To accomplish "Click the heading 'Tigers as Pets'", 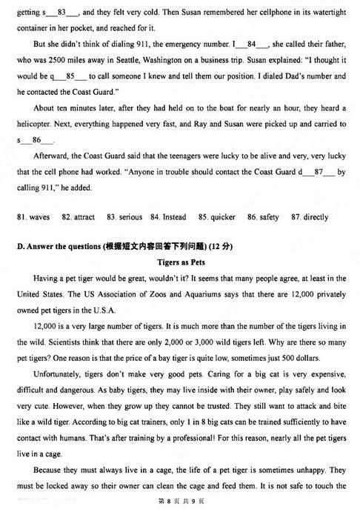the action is (181, 262).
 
